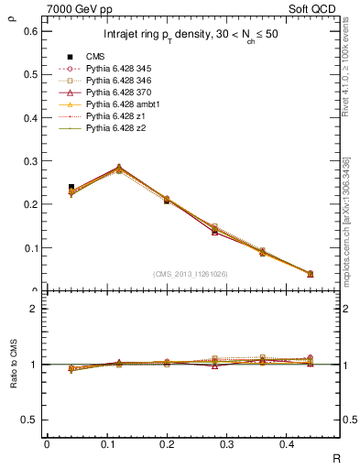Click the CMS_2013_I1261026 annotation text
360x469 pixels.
(191, 274)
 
